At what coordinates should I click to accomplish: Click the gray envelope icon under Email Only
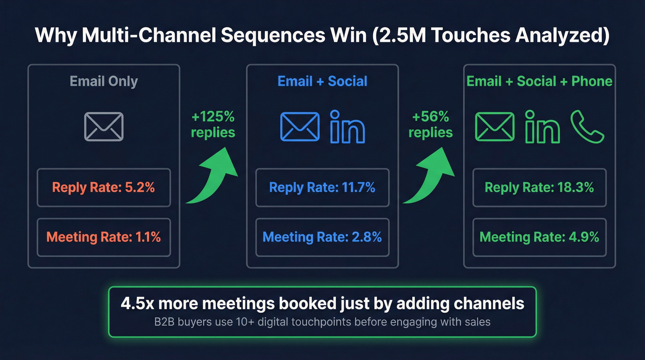point(104,127)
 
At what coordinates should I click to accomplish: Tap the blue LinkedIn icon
point(348,127)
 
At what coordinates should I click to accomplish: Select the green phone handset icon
point(587,127)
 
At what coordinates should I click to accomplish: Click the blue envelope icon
point(300,127)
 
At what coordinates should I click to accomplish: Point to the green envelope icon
point(495,127)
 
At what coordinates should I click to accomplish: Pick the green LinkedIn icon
point(542,127)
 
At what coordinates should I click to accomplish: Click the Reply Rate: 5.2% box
point(104,188)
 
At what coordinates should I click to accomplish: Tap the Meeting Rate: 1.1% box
point(104,237)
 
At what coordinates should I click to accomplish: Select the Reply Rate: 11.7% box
point(322,188)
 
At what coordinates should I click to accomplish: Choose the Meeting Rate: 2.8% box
point(322,237)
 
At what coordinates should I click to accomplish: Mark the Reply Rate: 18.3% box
point(539,188)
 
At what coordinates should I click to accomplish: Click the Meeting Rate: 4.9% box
point(539,237)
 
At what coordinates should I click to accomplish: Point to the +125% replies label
point(213,125)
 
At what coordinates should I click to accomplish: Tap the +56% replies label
point(431,125)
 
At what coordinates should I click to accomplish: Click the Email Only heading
point(104,82)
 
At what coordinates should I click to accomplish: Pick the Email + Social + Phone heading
point(539,82)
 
